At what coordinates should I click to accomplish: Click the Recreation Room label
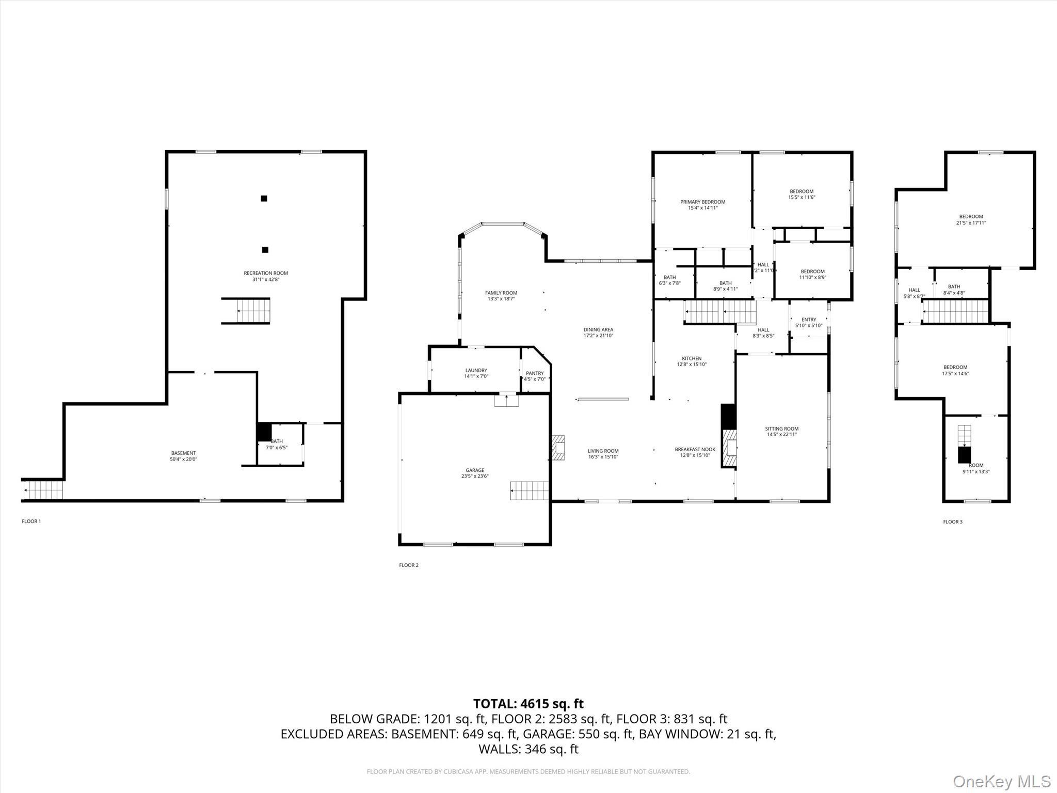[x=266, y=273]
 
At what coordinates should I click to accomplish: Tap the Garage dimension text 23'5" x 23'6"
[x=475, y=477]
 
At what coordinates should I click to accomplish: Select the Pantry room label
[x=535, y=373]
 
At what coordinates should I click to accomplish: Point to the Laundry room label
[x=476, y=370]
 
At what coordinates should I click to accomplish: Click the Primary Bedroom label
[x=702, y=202]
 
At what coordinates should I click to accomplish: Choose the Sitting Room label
[x=781, y=429]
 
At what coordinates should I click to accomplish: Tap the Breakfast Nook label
[x=695, y=449]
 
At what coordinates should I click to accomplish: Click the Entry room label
[x=809, y=320]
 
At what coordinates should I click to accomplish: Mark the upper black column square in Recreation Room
[x=264, y=198]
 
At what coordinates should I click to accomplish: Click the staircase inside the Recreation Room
[x=253, y=311]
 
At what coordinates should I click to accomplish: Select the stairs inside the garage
[x=529, y=490]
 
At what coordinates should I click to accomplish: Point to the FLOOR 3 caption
[x=952, y=522]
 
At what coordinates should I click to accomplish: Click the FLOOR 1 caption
[x=31, y=521]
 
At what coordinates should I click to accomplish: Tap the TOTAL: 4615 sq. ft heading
[x=528, y=704]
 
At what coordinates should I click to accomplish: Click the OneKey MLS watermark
[x=1001, y=781]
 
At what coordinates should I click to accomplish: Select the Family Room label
[x=501, y=293]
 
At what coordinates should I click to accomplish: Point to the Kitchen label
[x=692, y=358]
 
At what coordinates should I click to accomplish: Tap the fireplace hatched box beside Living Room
[x=557, y=448]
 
